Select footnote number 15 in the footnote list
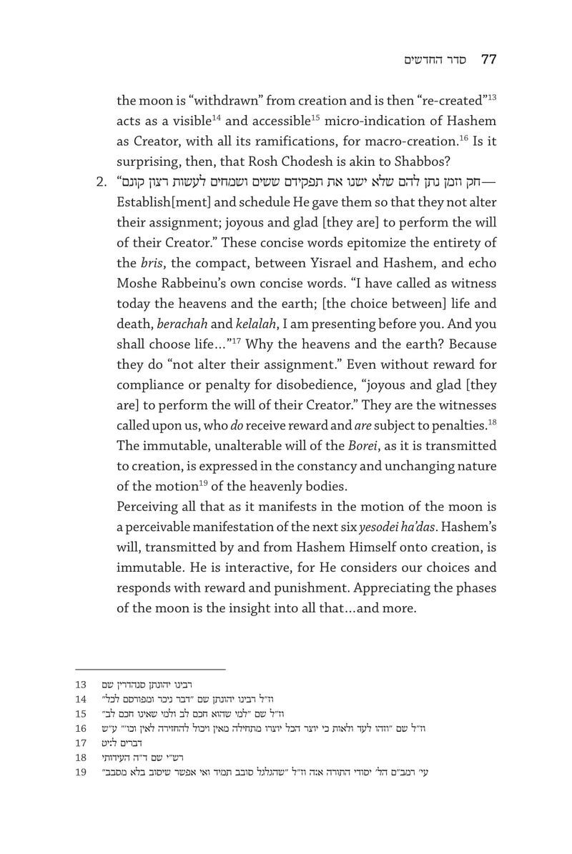pyautogui.click(x=81, y=714)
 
